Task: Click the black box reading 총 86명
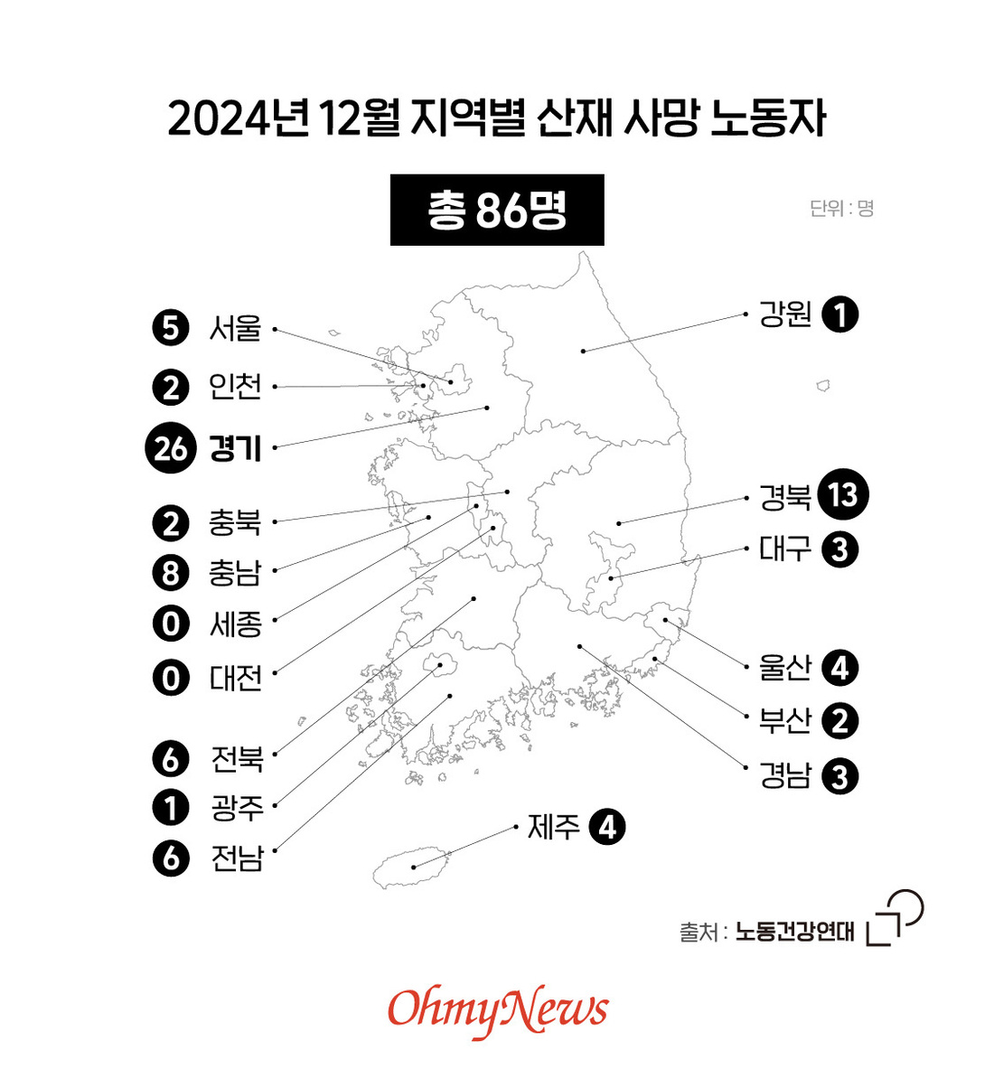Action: [x=496, y=210]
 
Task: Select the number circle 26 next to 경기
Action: [x=171, y=448]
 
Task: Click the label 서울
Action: [x=236, y=328]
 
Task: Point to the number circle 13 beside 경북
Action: [x=842, y=495]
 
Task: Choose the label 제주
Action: [x=554, y=828]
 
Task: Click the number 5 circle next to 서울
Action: [x=171, y=328]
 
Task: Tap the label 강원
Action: [x=785, y=314]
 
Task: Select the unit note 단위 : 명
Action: [x=841, y=208]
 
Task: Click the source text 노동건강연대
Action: [x=795, y=932]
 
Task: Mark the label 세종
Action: [x=236, y=624]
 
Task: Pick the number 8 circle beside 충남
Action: [x=171, y=573]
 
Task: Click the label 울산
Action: [x=785, y=668]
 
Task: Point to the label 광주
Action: [x=237, y=808]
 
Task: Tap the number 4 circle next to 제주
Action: [x=607, y=828]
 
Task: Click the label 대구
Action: [x=785, y=549]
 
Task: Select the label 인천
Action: [x=236, y=387]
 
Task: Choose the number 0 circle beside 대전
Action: [x=171, y=678]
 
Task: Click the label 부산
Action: [x=785, y=721]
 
